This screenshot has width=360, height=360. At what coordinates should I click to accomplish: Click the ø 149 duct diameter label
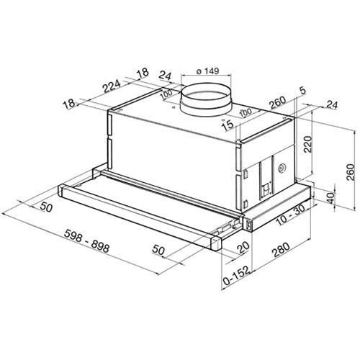click(207, 71)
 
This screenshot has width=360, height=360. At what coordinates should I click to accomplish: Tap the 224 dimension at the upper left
click(112, 86)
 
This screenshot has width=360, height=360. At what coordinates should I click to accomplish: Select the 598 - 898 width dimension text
click(87, 240)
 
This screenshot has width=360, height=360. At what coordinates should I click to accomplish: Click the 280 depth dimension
click(281, 250)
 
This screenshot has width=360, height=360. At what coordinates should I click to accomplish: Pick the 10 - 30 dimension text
click(291, 215)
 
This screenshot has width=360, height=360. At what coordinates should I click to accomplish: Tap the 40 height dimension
click(331, 198)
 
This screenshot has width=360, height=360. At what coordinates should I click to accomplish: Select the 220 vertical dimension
click(307, 144)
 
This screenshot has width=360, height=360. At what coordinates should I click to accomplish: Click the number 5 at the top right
click(302, 91)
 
